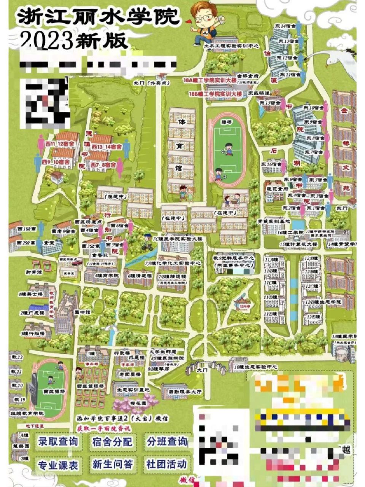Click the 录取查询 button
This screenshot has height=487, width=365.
[x=58, y=441]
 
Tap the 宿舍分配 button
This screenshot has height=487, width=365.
[x=113, y=441]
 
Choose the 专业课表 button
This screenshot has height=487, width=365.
[x=58, y=465]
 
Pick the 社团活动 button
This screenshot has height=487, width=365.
[x=167, y=464]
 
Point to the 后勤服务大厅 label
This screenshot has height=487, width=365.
[x=185, y=391]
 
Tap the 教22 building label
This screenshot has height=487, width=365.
[x=17, y=357]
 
